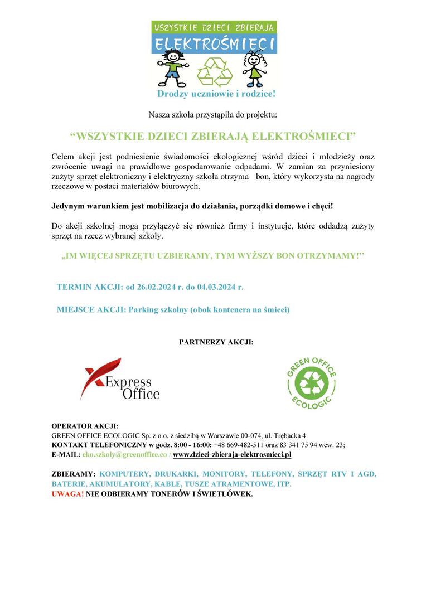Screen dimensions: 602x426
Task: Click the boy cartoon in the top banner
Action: tap(171, 68)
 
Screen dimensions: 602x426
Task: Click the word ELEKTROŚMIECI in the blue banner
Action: tap(215, 43)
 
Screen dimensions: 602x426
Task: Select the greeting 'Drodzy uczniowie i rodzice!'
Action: tap(216, 94)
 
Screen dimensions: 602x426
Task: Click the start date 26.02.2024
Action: tap(159, 287)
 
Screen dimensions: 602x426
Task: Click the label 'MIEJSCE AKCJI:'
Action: tap(91, 309)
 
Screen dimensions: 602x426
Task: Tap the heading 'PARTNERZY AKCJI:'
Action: tap(216, 341)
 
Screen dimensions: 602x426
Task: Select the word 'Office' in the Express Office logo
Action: tap(141, 394)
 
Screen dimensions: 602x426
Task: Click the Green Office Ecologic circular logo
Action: tap(311, 382)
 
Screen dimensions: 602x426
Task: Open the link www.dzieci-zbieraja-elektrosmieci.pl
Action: tap(233, 455)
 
